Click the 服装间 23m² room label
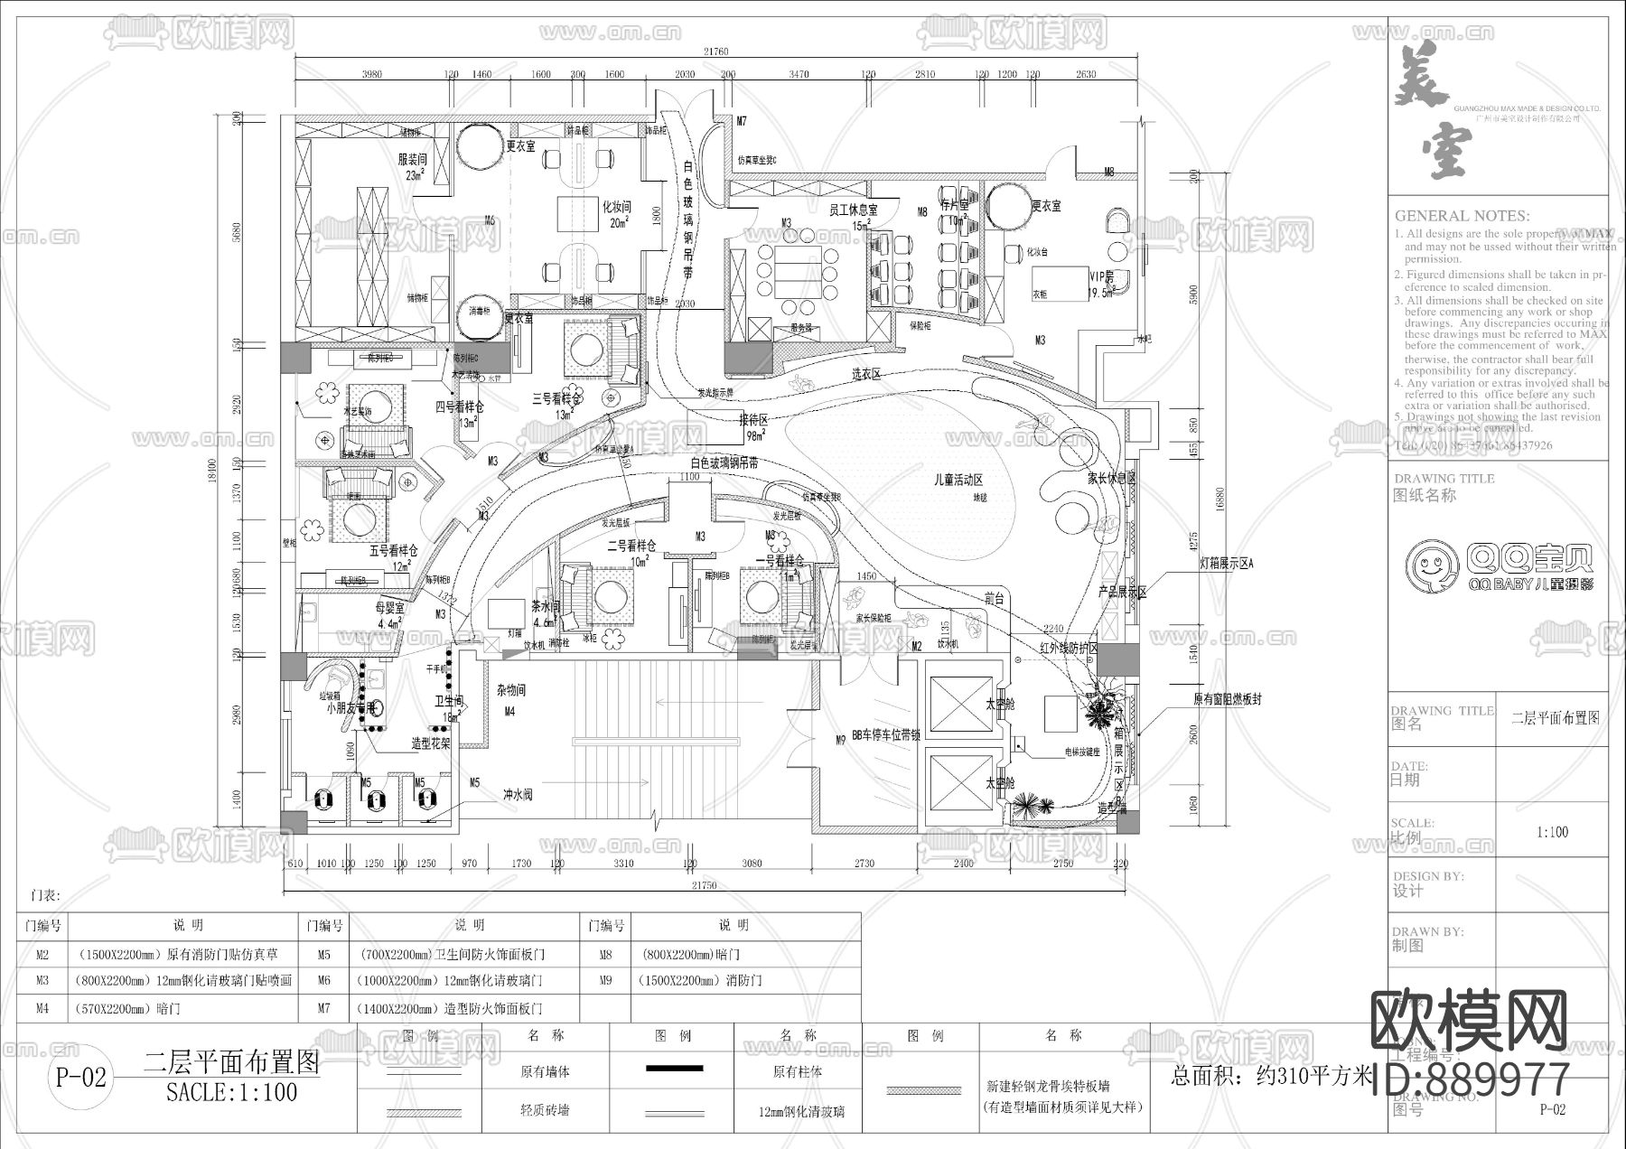click(412, 166)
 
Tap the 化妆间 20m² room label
click(616, 213)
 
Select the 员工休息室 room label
click(853, 210)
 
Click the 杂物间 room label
click(510, 690)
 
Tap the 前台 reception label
click(995, 597)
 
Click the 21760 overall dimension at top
click(714, 52)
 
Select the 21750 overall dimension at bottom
click(704, 886)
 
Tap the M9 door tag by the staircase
click(840, 740)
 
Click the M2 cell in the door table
click(43, 954)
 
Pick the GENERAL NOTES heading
click(1461, 216)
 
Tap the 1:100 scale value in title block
click(1552, 832)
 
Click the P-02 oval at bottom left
click(81, 1077)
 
